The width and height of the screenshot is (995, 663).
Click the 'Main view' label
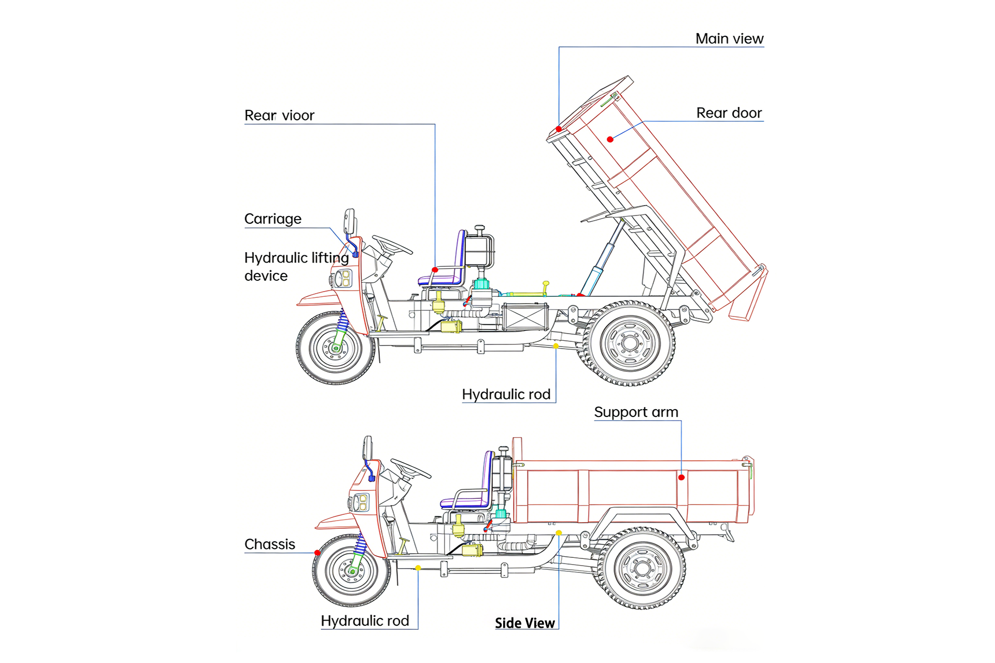[x=729, y=39]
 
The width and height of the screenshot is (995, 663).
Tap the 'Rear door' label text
[x=729, y=113]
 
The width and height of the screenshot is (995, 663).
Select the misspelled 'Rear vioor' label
[x=279, y=116]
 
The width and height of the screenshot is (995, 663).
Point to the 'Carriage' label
[x=273, y=219]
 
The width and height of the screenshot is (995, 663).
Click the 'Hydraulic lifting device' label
[x=296, y=267]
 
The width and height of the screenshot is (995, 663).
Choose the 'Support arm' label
[x=636, y=412]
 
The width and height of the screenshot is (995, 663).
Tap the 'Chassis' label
[x=269, y=544]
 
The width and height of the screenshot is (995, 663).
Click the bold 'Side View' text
[x=524, y=623]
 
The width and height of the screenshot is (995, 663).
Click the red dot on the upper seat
[x=435, y=270]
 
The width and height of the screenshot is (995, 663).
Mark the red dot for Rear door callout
[x=610, y=139]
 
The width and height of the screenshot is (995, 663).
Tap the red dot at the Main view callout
[x=559, y=129]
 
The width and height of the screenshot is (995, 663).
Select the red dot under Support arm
[x=681, y=478]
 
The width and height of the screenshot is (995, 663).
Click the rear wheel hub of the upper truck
[x=630, y=343]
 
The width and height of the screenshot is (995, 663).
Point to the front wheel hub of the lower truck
[x=352, y=570]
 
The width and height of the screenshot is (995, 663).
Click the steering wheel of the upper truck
[x=392, y=245]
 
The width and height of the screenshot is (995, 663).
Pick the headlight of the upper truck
[x=343, y=279]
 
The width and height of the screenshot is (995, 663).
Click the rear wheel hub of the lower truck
[x=643, y=568]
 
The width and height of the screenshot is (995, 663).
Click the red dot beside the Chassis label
[x=318, y=553]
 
